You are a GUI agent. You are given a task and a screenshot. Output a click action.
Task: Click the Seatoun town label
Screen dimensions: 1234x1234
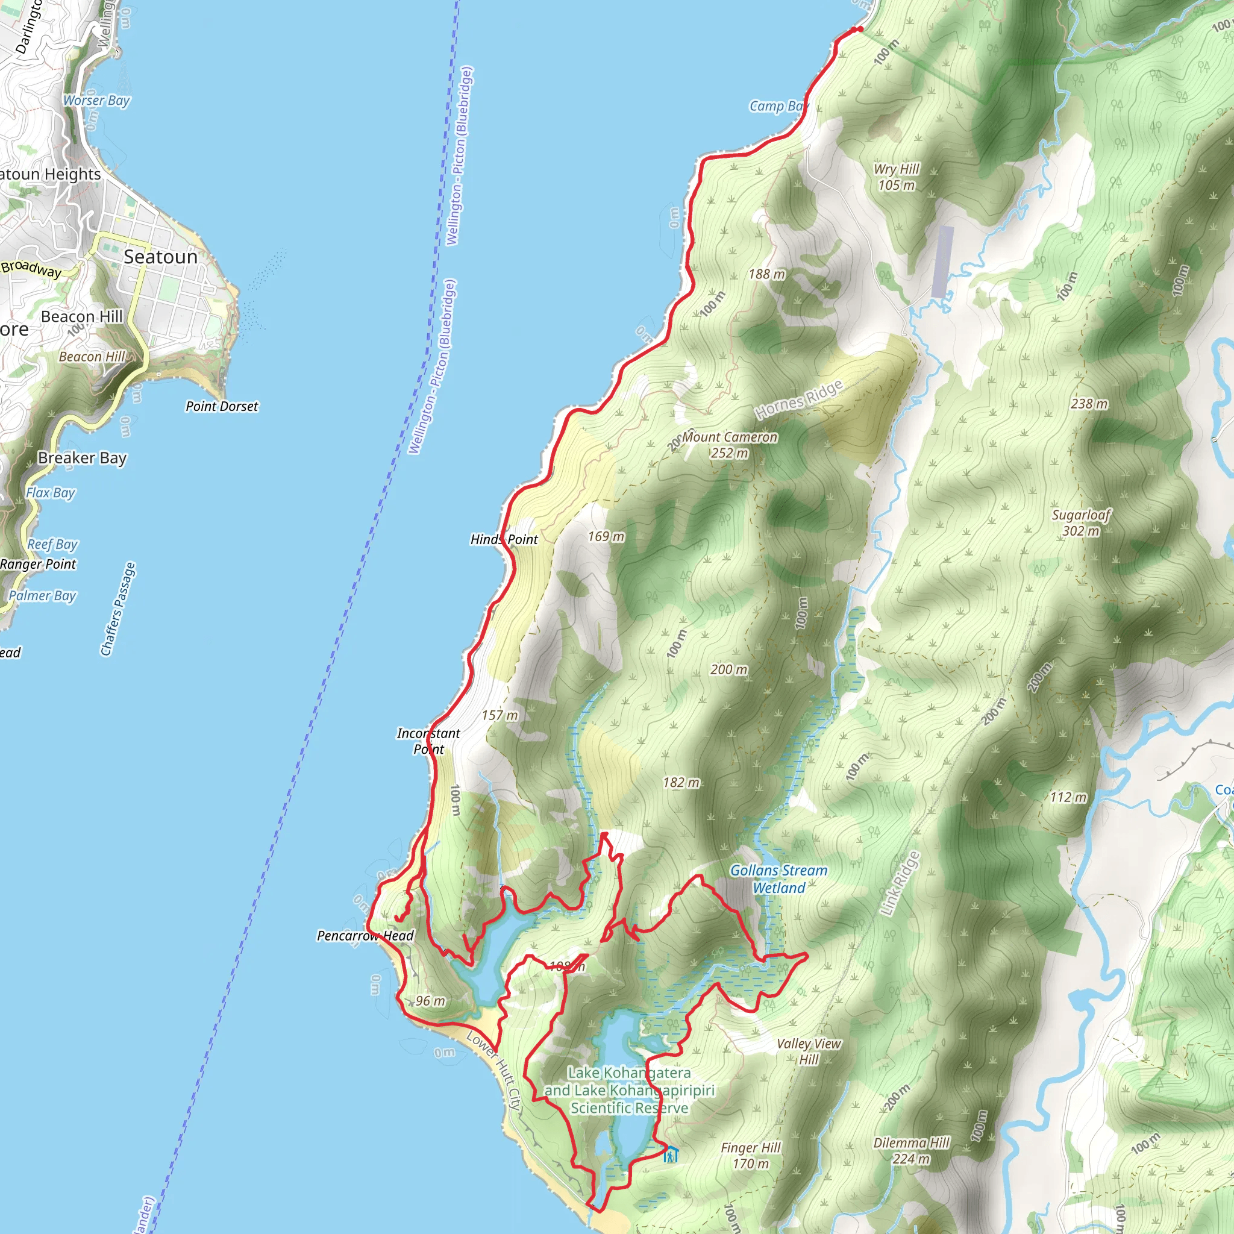coord(160,257)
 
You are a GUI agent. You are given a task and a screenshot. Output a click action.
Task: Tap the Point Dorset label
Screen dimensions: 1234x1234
coord(222,406)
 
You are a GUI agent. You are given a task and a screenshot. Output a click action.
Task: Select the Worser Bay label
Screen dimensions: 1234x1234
coord(96,100)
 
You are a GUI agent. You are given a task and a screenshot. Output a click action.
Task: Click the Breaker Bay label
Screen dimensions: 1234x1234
coord(83,458)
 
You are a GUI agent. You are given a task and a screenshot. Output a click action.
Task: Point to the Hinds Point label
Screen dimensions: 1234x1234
coord(504,539)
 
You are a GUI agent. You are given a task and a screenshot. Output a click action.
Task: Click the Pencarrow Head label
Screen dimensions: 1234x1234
coord(365,936)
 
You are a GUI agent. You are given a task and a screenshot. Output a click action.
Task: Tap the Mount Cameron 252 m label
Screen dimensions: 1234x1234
coord(730,445)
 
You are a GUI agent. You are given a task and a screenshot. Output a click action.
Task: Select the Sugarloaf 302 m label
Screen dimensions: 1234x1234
coord(1081,522)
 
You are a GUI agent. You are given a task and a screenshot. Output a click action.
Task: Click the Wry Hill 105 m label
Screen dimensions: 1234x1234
coord(896,177)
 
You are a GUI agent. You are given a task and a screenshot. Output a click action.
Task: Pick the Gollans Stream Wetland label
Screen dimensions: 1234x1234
coord(778,879)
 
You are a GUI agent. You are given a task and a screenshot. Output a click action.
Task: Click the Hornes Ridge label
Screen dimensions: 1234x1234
coord(798,400)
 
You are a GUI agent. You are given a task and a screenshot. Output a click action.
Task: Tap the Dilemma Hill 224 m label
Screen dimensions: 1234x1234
coord(911,1150)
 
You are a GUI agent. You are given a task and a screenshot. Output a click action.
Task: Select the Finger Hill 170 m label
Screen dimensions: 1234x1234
coord(751,1156)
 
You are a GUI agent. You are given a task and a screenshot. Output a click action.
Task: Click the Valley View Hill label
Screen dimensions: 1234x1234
coord(809,1051)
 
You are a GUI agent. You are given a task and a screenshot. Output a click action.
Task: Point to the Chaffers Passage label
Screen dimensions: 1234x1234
coord(118,609)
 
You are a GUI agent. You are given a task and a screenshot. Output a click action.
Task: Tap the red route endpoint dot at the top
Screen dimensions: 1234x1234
coord(860,29)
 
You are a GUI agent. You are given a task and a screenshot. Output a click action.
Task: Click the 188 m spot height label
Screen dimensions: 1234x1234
coord(766,274)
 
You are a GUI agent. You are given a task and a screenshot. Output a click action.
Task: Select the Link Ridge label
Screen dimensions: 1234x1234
coord(901,883)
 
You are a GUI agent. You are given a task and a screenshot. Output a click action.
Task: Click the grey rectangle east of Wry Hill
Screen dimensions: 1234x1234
coord(942,262)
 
